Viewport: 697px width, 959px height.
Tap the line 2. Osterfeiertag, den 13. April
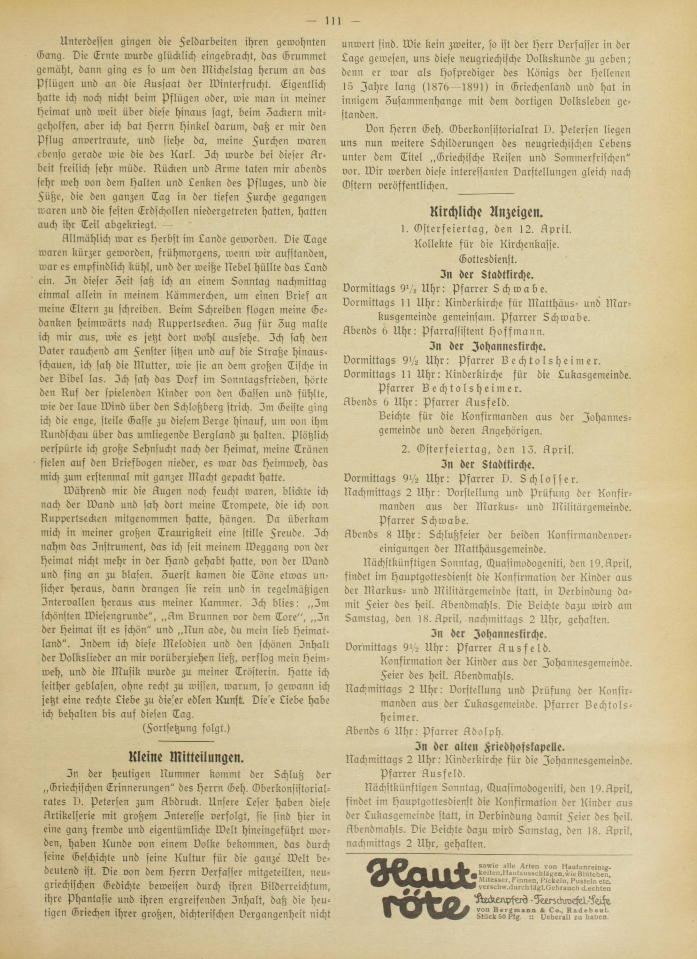coord(486,449)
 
